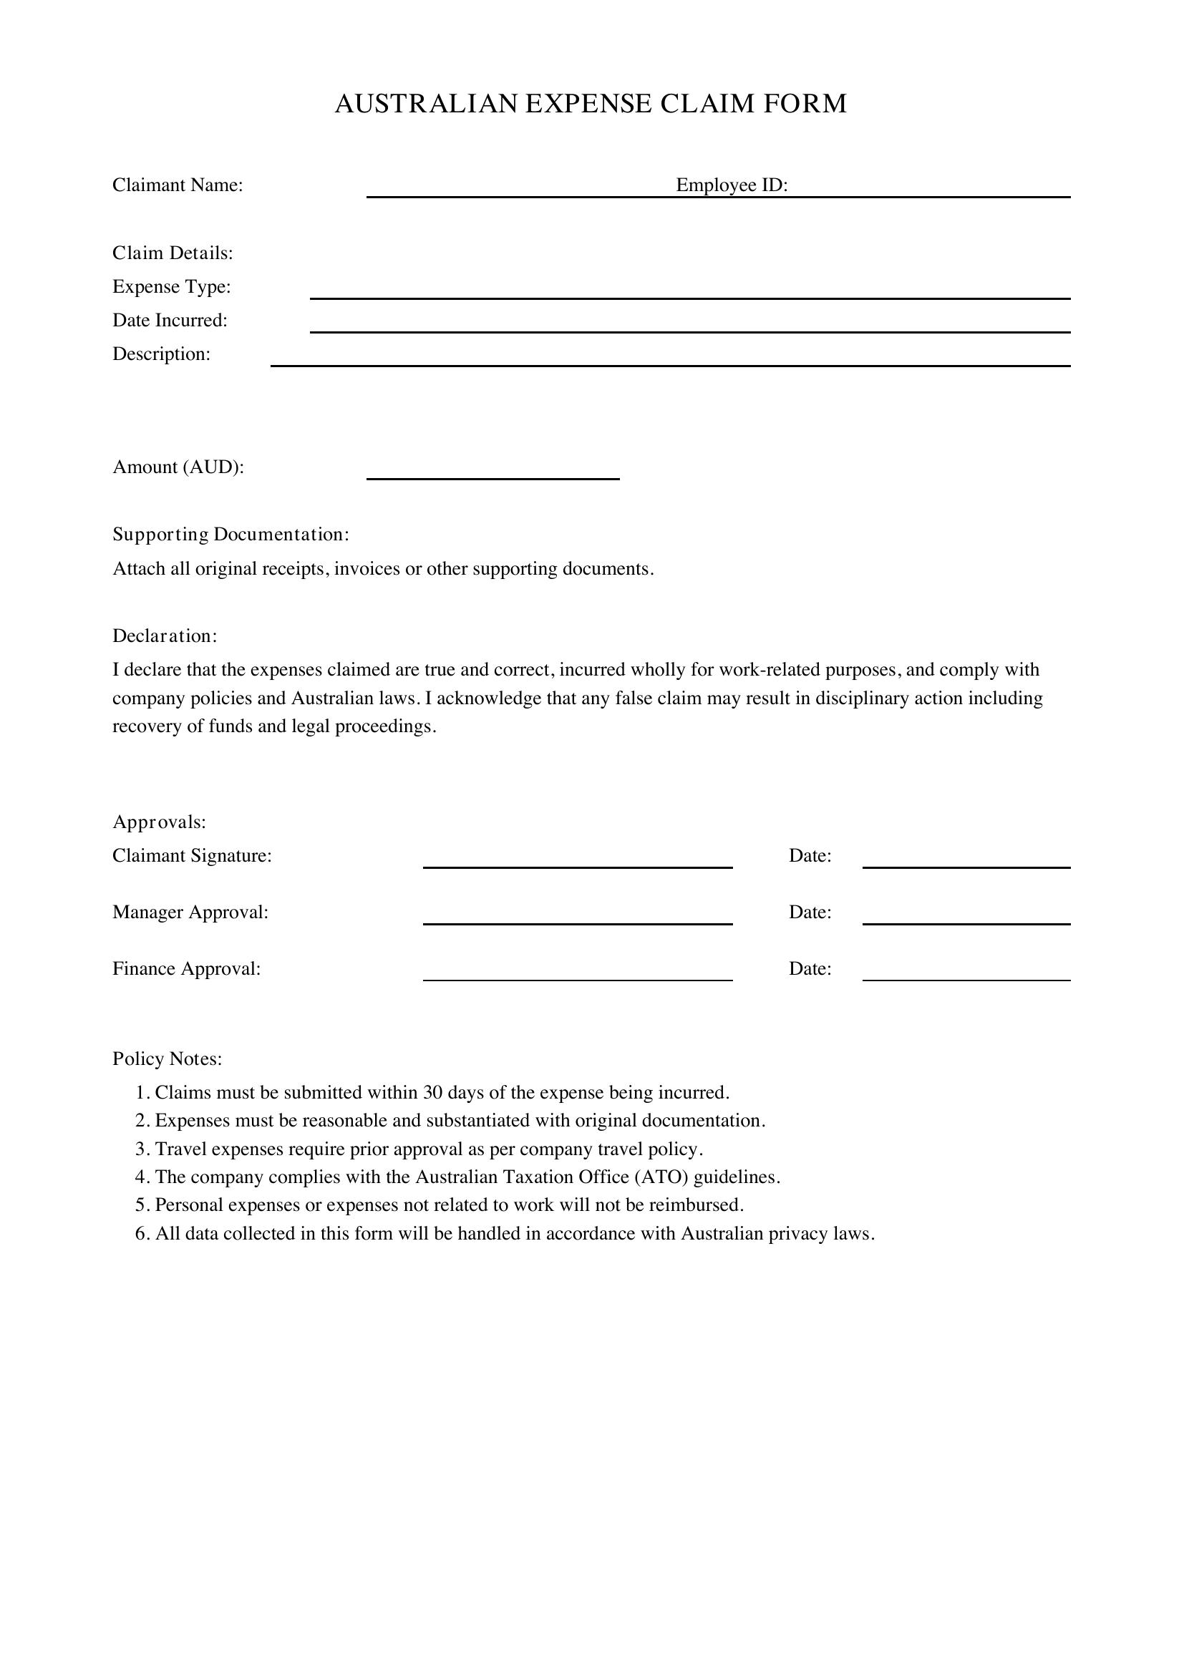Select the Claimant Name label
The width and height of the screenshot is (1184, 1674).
pos(177,185)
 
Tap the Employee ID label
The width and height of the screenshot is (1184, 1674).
pos(732,185)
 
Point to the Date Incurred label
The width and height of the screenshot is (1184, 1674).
pos(170,320)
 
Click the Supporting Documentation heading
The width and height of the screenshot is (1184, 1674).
pos(231,535)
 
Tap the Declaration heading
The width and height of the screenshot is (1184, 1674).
pos(165,636)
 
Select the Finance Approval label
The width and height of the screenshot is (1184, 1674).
pos(186,968)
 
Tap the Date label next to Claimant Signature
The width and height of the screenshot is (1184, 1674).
pos(810,855)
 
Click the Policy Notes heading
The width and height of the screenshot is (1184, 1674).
pos(167,1058)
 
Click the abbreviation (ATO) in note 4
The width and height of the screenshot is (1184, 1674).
pos(661,1177)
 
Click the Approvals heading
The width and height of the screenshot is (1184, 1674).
pos(159,822)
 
